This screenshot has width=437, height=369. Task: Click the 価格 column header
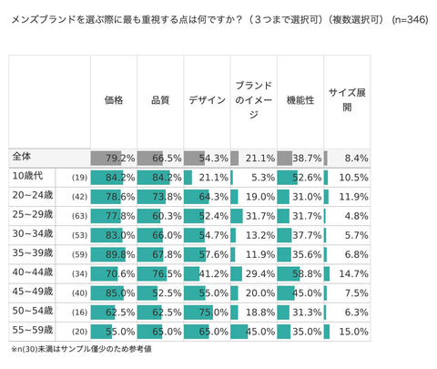coord(114,100)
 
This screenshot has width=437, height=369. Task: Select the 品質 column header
coord(160,100)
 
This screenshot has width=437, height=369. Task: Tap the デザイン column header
coord(207,100)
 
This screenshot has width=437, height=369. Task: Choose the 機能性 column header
coord(300,100)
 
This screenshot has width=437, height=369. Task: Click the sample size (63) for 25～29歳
coord(79,215)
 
